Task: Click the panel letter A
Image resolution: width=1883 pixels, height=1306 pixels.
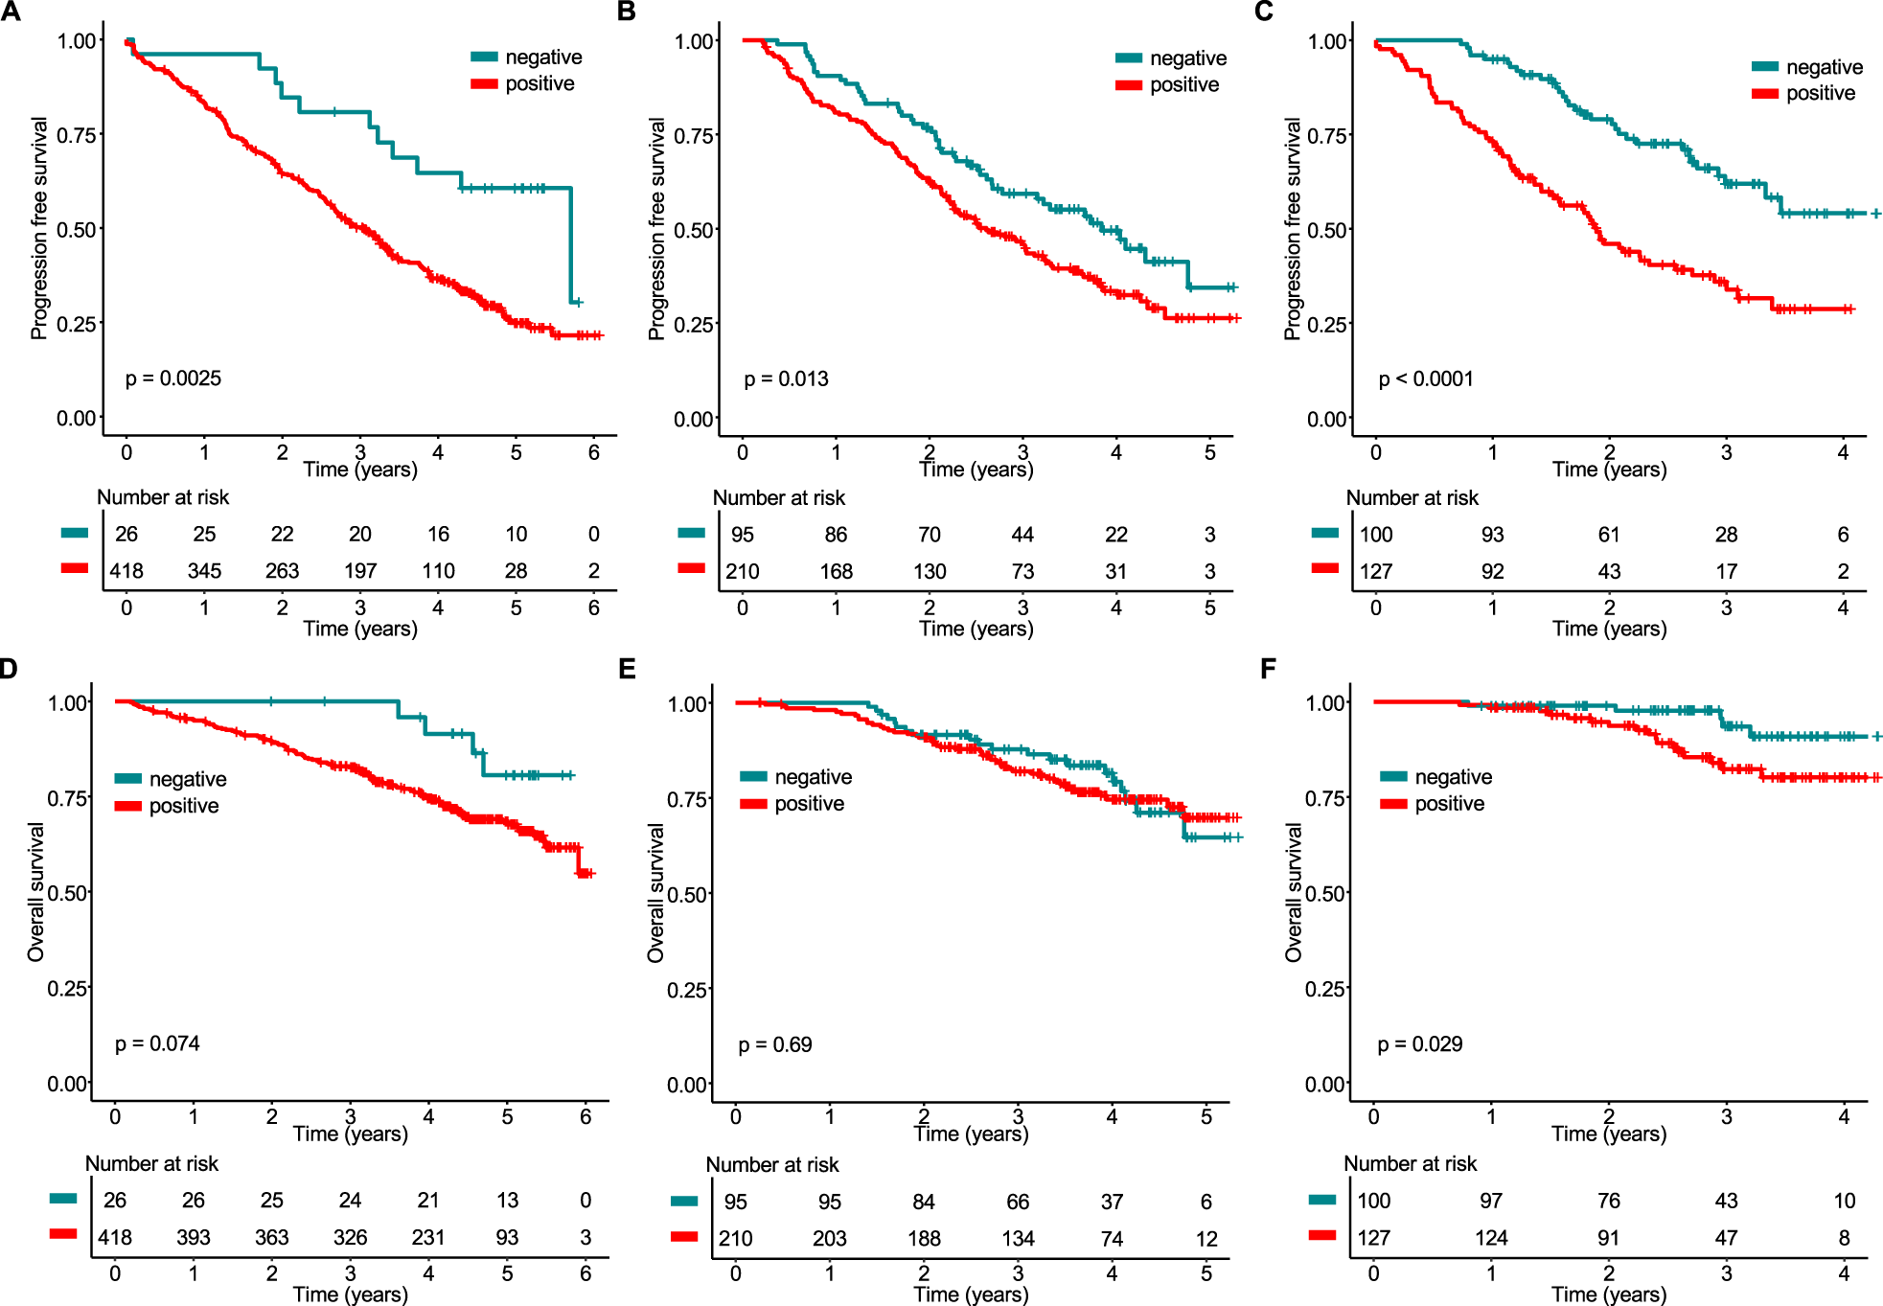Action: click(x=11, y=11)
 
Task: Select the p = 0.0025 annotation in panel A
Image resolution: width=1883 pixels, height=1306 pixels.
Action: click(x=172, y=378)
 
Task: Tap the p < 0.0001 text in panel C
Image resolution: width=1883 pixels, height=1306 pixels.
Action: click(x=1425, y=379)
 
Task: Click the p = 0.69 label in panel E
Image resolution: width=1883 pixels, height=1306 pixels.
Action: click(x=774, y=1044)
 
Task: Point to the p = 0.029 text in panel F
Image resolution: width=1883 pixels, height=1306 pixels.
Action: click(x=1419, y=1044)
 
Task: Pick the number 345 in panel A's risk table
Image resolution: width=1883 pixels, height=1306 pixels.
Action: click(x=204, y=571)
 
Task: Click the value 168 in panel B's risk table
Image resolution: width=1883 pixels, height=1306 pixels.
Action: click(x=836, y=572)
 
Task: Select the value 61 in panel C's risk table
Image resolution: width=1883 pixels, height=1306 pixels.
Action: click(x=1608, y=535)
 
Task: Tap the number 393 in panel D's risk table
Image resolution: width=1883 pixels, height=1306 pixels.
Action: click(x=193, y=1237)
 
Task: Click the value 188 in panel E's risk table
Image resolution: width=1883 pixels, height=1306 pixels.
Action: click(x=924, y=1238)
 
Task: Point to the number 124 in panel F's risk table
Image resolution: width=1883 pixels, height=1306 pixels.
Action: click(x=1490, y=1238)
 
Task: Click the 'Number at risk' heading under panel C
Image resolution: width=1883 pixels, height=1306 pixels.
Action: click(x=1412, y=498)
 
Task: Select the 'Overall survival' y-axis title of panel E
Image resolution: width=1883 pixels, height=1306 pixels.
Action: click(x=655, y=893)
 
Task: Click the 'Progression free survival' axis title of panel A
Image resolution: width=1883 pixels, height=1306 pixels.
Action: click(x=38, y=228)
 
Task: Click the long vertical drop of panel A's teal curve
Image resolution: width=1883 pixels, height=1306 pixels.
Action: click(x=571, y=244)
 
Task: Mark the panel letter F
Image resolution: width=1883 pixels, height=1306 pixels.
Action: click(x=1268, y=668)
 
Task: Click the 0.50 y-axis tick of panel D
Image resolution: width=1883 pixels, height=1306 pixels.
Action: click(x=66, y=893)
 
